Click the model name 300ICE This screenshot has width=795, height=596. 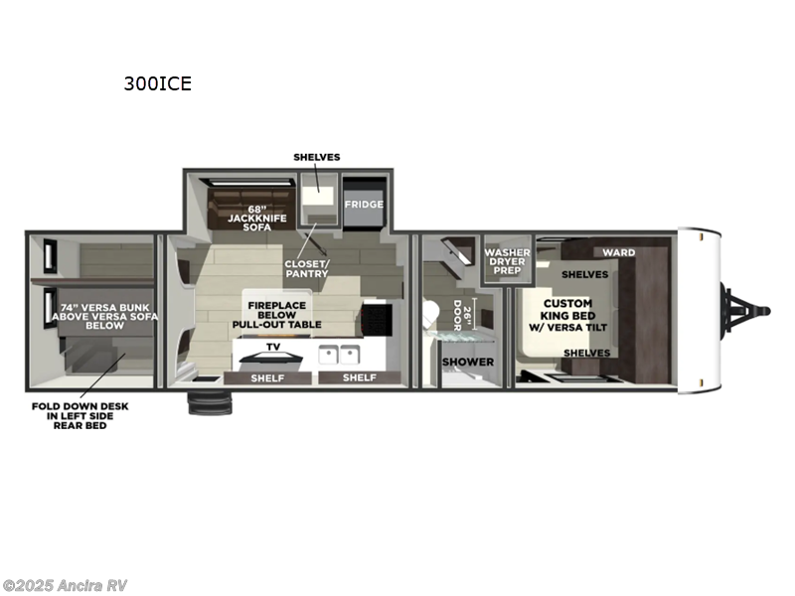(157, 83)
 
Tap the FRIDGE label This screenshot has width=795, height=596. (364, 204)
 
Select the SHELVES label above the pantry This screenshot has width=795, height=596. (317, 157)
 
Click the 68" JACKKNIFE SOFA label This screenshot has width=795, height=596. (243, 218)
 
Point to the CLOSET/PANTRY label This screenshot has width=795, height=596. (307, 268)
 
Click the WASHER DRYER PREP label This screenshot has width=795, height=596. (507, 261)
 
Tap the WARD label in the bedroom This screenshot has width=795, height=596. (618, 252)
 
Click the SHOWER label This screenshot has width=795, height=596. (467, 362)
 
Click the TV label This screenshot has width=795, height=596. (272, 347)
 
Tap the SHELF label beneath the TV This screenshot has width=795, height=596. (267, 377)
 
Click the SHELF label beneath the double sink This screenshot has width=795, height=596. (359, 377)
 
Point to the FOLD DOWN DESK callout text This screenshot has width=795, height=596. (79, 415)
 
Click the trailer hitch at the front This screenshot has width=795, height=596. (745, 306)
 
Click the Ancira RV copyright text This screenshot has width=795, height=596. (66, 585)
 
